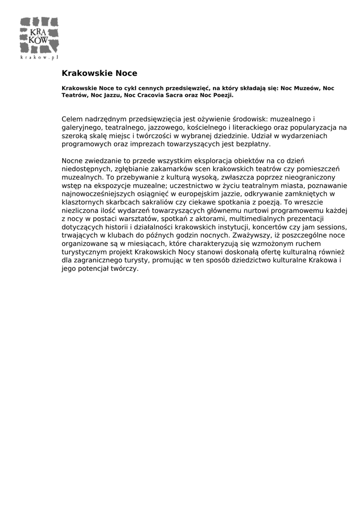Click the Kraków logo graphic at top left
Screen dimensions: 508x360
[39, 35]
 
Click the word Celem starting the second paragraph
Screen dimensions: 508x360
[72, 120]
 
